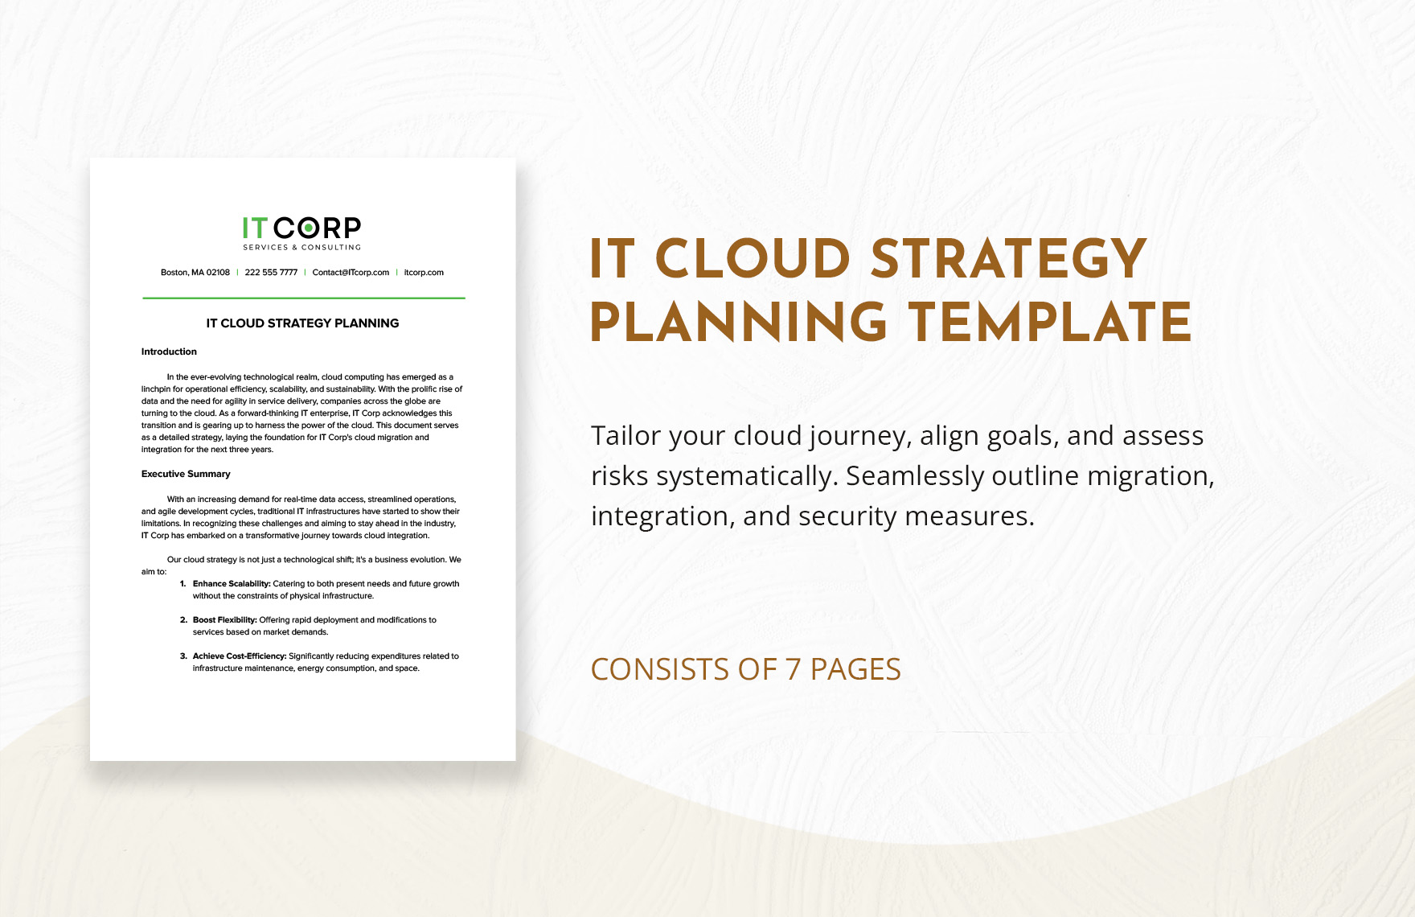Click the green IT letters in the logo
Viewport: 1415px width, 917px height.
tap(255, 228)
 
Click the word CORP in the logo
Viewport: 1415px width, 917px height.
tap(318, 228)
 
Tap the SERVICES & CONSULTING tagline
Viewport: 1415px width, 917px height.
tap(302, 248)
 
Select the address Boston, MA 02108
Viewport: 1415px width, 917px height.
tap(195, 273)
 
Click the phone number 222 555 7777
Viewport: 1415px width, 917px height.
tap(271, 273)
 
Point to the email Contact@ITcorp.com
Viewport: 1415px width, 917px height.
tap(351, 273)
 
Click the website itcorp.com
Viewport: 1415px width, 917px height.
tap(424, 273)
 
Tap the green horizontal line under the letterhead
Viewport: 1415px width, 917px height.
tap(304, 298)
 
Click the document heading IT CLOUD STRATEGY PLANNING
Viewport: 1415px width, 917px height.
tap(302, 323)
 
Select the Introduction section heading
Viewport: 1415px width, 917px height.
tap(169, 352)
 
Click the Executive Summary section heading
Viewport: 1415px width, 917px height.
tap(186, 474)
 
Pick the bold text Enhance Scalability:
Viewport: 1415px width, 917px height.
tap(232, 584)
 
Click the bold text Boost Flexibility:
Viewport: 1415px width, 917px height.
tap(224, 620)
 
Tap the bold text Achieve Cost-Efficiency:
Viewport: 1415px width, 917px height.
tap(240, 656)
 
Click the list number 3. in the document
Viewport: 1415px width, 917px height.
tap(183, 656)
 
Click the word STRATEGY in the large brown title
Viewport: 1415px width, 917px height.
tap(1009, 259)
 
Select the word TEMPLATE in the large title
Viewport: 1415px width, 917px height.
tap(1051, 322)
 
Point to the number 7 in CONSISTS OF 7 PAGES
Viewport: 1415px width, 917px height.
tap(794, 669)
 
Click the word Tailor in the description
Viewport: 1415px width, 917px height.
tap(626, 435)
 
